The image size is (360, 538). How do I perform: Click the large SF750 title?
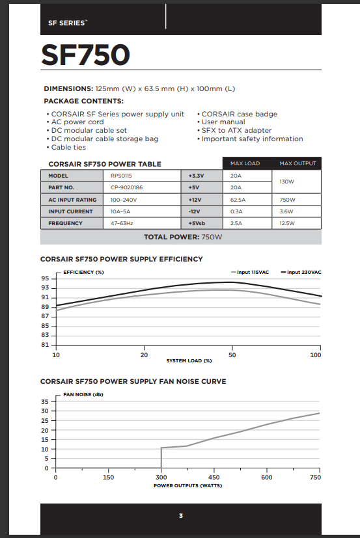pyautogui.click(x=85, y=55)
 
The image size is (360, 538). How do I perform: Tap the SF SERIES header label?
pyautogui.click(x=66, y=23)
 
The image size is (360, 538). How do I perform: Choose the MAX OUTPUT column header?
pyautogui.click(x=298, y=163)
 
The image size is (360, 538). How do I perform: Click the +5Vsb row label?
pyautogui.click(x=197, y=223)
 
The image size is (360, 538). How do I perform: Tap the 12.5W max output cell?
pyautogui.click(x=288, y=223)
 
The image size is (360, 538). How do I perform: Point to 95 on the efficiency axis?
pyautogui.click(x=45, y=278)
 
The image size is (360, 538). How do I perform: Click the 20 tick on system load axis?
pyautogui.click(x=144, y=355)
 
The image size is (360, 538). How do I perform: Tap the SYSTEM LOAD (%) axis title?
pyautogui.click(x=189, y=360)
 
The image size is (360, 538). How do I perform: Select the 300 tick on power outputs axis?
pyautogui.click(x=161, y=477)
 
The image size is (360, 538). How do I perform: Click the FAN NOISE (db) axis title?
pyautogui.click(x=83, y=394)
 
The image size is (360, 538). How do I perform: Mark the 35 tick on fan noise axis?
pyautogui.click(x=45, y=401)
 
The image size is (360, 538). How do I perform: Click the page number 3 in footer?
pyautogui.click(x=181, y=516)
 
